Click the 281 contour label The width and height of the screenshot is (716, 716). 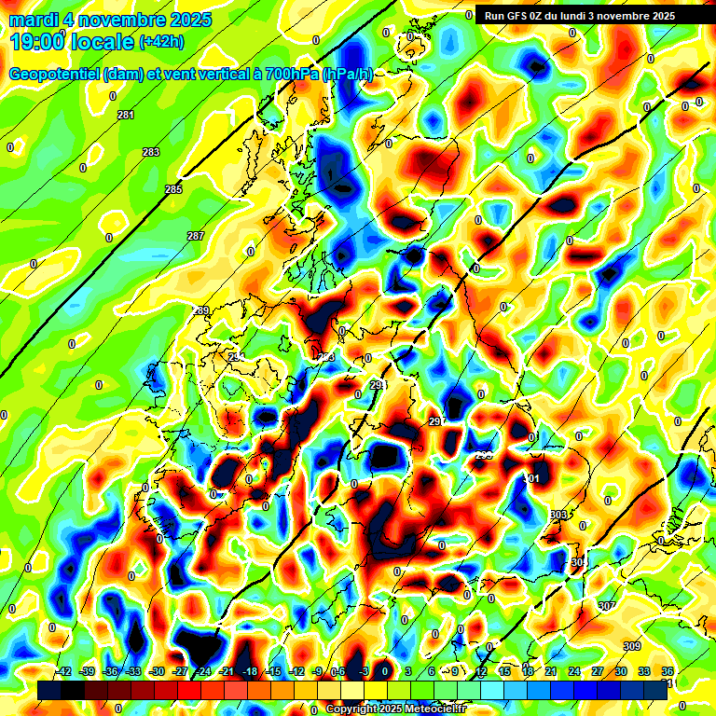pyautogui.click(x=126, y=115)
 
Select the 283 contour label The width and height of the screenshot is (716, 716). pyautogui.click(x=150, y=152)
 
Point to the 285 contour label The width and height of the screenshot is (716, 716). pyautogui.click(x=173, y=189)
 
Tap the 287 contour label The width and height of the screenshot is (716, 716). pyautogui.click(x=195, y=236)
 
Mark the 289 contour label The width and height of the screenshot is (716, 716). pyautogui.click(x=202, y=310)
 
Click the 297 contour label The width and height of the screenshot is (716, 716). pyautogui.click(x=435, y=422)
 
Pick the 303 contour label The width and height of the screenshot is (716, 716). pyautogui.click(x=558, y=515)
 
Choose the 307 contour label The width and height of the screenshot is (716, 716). pyautogui.click(x=607, y=606)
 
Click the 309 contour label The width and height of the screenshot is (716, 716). pyautogui.click(x=632, y=647)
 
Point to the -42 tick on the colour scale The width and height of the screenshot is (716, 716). pyautogui.click(x=63, y=671)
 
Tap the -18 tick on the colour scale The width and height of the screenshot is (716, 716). pyautogui.click(x=249, y=671)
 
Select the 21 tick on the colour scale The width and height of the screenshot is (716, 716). pyautogui.click(x=551, y=671)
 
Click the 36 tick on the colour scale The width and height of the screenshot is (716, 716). pyautogui.click(x=668, y=671)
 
